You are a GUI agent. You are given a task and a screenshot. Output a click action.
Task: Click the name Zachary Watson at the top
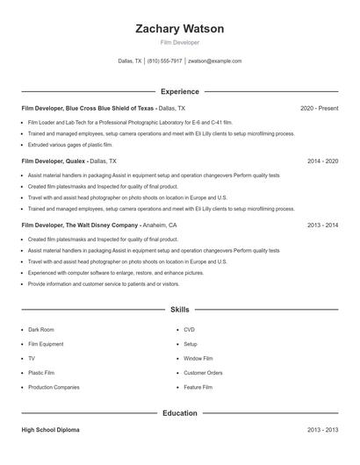click(x=179, y=29)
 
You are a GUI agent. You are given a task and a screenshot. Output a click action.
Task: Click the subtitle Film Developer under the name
click(x=179, y=42)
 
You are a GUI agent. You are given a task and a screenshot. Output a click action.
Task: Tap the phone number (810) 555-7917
click(x=164, y=61)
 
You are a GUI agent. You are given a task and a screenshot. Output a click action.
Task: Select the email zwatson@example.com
click(x=214, y=61)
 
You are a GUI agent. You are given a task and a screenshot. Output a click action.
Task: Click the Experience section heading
click(x=179, y=91)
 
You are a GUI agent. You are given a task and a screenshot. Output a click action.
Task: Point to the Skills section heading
click(x=179, y=310)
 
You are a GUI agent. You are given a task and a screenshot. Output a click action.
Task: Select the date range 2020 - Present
click(x=319, y=108)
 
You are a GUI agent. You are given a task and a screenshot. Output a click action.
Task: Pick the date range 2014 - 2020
click(x=322, y=161)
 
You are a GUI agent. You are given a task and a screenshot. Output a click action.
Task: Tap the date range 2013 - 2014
click(x=322, y=225)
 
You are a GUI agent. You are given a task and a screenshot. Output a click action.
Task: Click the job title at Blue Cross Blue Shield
click(x=88, y=108)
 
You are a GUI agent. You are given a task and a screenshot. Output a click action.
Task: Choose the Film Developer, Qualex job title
click(x=53, y=161)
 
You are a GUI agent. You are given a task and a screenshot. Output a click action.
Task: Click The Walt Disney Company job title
click(x=80, y=225)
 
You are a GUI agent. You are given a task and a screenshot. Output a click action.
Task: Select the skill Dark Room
click(x=40, y=329)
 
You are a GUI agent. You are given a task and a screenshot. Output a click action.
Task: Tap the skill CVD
click(x=189, y=329)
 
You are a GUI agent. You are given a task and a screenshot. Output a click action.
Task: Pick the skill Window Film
click(x=198, y=358)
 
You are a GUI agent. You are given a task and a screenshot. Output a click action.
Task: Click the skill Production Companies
click(x=54, y=387)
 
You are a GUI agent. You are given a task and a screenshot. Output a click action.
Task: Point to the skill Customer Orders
click(x=203, y=373)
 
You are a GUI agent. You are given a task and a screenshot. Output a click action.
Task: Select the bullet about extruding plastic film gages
click(x=70, y=144)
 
